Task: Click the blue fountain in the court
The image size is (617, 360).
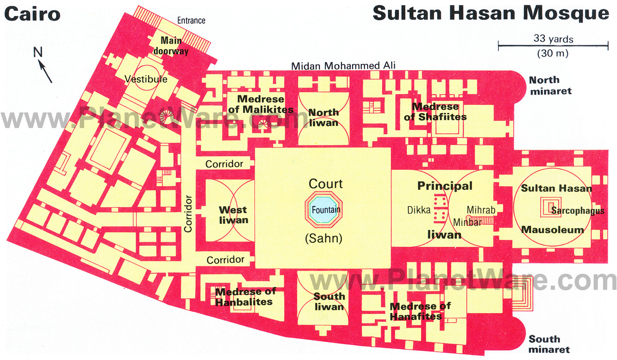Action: (x=325, y=210)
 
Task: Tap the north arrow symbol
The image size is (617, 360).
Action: (x=44, y=67)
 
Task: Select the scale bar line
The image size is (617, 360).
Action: (x=547, y=46)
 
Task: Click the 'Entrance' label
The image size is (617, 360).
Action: (x=191, y=21)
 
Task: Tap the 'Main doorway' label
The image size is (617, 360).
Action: (x=171, y=46)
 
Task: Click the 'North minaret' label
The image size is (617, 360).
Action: (x=552, y=86)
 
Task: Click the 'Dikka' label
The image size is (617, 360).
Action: (x=419, y=209)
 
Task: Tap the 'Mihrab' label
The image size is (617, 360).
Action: (x=481, y=209)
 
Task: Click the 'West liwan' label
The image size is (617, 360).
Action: (x=233, y=215)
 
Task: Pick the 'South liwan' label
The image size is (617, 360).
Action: (x=329, y=301)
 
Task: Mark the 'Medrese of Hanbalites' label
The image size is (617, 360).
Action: (x=245, y=297)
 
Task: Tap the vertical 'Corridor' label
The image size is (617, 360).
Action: (x=188, y=213)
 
